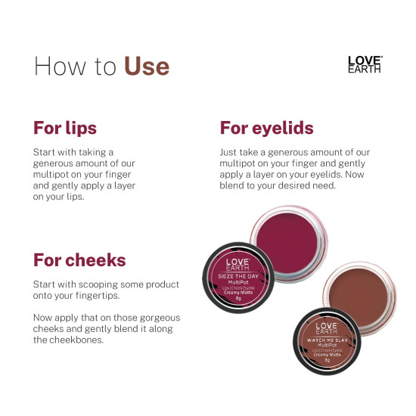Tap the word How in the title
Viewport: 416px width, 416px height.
pos(57,66)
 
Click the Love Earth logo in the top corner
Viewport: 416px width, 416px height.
pos(364,64)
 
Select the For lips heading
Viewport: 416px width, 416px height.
pos(65,128)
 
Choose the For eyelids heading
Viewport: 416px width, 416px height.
pos(266,128)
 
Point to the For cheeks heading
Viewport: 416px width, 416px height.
pos(79,260)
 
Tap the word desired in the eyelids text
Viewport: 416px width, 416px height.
pos(293,185)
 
